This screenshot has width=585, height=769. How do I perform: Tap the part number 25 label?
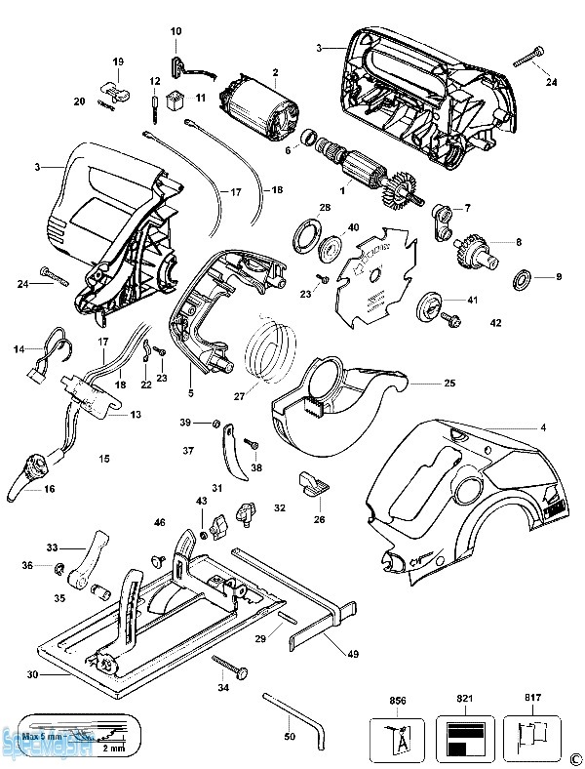(x=449, y=384)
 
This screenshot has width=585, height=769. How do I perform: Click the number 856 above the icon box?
(x=398, y=701)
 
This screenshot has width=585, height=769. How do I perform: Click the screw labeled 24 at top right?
(x=526, y=58)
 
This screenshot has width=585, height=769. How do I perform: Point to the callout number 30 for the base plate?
(x=32, y=674)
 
